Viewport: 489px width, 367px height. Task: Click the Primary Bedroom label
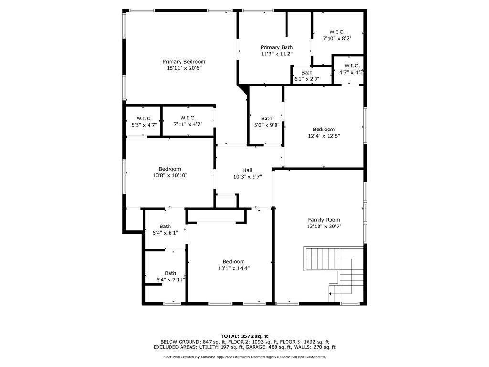[x=184, y=62]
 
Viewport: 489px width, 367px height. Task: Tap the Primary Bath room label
[x=276, y=47]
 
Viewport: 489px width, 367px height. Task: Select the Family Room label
[x=324, y=220]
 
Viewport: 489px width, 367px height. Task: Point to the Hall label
[x=247, y=170]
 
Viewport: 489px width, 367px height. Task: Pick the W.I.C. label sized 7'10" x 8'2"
[x=337, y=32]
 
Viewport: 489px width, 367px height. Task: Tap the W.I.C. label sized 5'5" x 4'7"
[x=144, y=119]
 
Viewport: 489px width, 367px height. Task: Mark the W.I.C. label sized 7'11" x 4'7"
[x=188, y=118]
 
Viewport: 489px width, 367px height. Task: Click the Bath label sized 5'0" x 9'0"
[x=266, y=119]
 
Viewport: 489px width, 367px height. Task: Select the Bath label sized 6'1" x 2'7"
[x=307, y=73]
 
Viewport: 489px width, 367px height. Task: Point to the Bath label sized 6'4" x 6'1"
[x=165, y=227]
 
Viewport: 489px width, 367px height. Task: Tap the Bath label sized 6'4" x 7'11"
[x=170, y=273]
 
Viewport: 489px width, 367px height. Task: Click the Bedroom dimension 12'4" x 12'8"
[x=324, y=136]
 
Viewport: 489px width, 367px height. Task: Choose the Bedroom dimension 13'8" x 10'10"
[x=170, y=175]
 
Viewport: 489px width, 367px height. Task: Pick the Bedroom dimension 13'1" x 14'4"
[x=234, y=268]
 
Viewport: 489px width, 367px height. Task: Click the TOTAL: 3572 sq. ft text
[x=244, y=336]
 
